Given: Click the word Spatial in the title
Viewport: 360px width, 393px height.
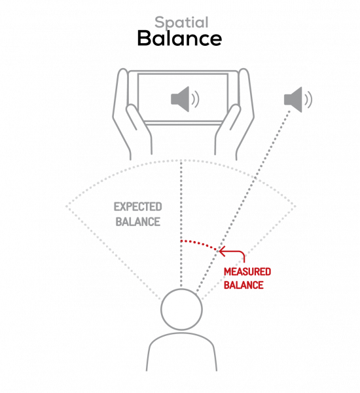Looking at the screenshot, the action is coord(181,23).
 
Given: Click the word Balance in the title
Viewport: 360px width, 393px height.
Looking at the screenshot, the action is coord(179,38).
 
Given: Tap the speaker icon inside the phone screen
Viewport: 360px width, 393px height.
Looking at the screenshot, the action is coord(185,99).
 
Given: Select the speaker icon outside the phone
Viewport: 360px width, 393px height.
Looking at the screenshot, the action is coord(298,100).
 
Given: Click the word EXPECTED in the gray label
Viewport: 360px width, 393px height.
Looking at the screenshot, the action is coord(138,207).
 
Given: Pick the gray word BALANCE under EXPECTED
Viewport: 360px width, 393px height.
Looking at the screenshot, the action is coord(138,222).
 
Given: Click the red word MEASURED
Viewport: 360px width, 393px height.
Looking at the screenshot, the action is coord(247,272).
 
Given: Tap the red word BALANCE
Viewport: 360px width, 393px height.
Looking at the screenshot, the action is coord(243,285).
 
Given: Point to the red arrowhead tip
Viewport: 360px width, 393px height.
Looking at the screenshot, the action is coord(219,251).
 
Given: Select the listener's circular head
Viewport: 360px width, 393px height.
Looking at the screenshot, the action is coord(181,309).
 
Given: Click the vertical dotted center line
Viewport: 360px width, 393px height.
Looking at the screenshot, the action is coord(181,223).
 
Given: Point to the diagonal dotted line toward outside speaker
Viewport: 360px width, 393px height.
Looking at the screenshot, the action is coord(243,200).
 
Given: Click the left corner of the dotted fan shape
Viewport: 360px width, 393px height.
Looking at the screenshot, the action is coord(66,206).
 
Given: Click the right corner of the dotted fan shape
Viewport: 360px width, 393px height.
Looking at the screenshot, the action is coord(295,206).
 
